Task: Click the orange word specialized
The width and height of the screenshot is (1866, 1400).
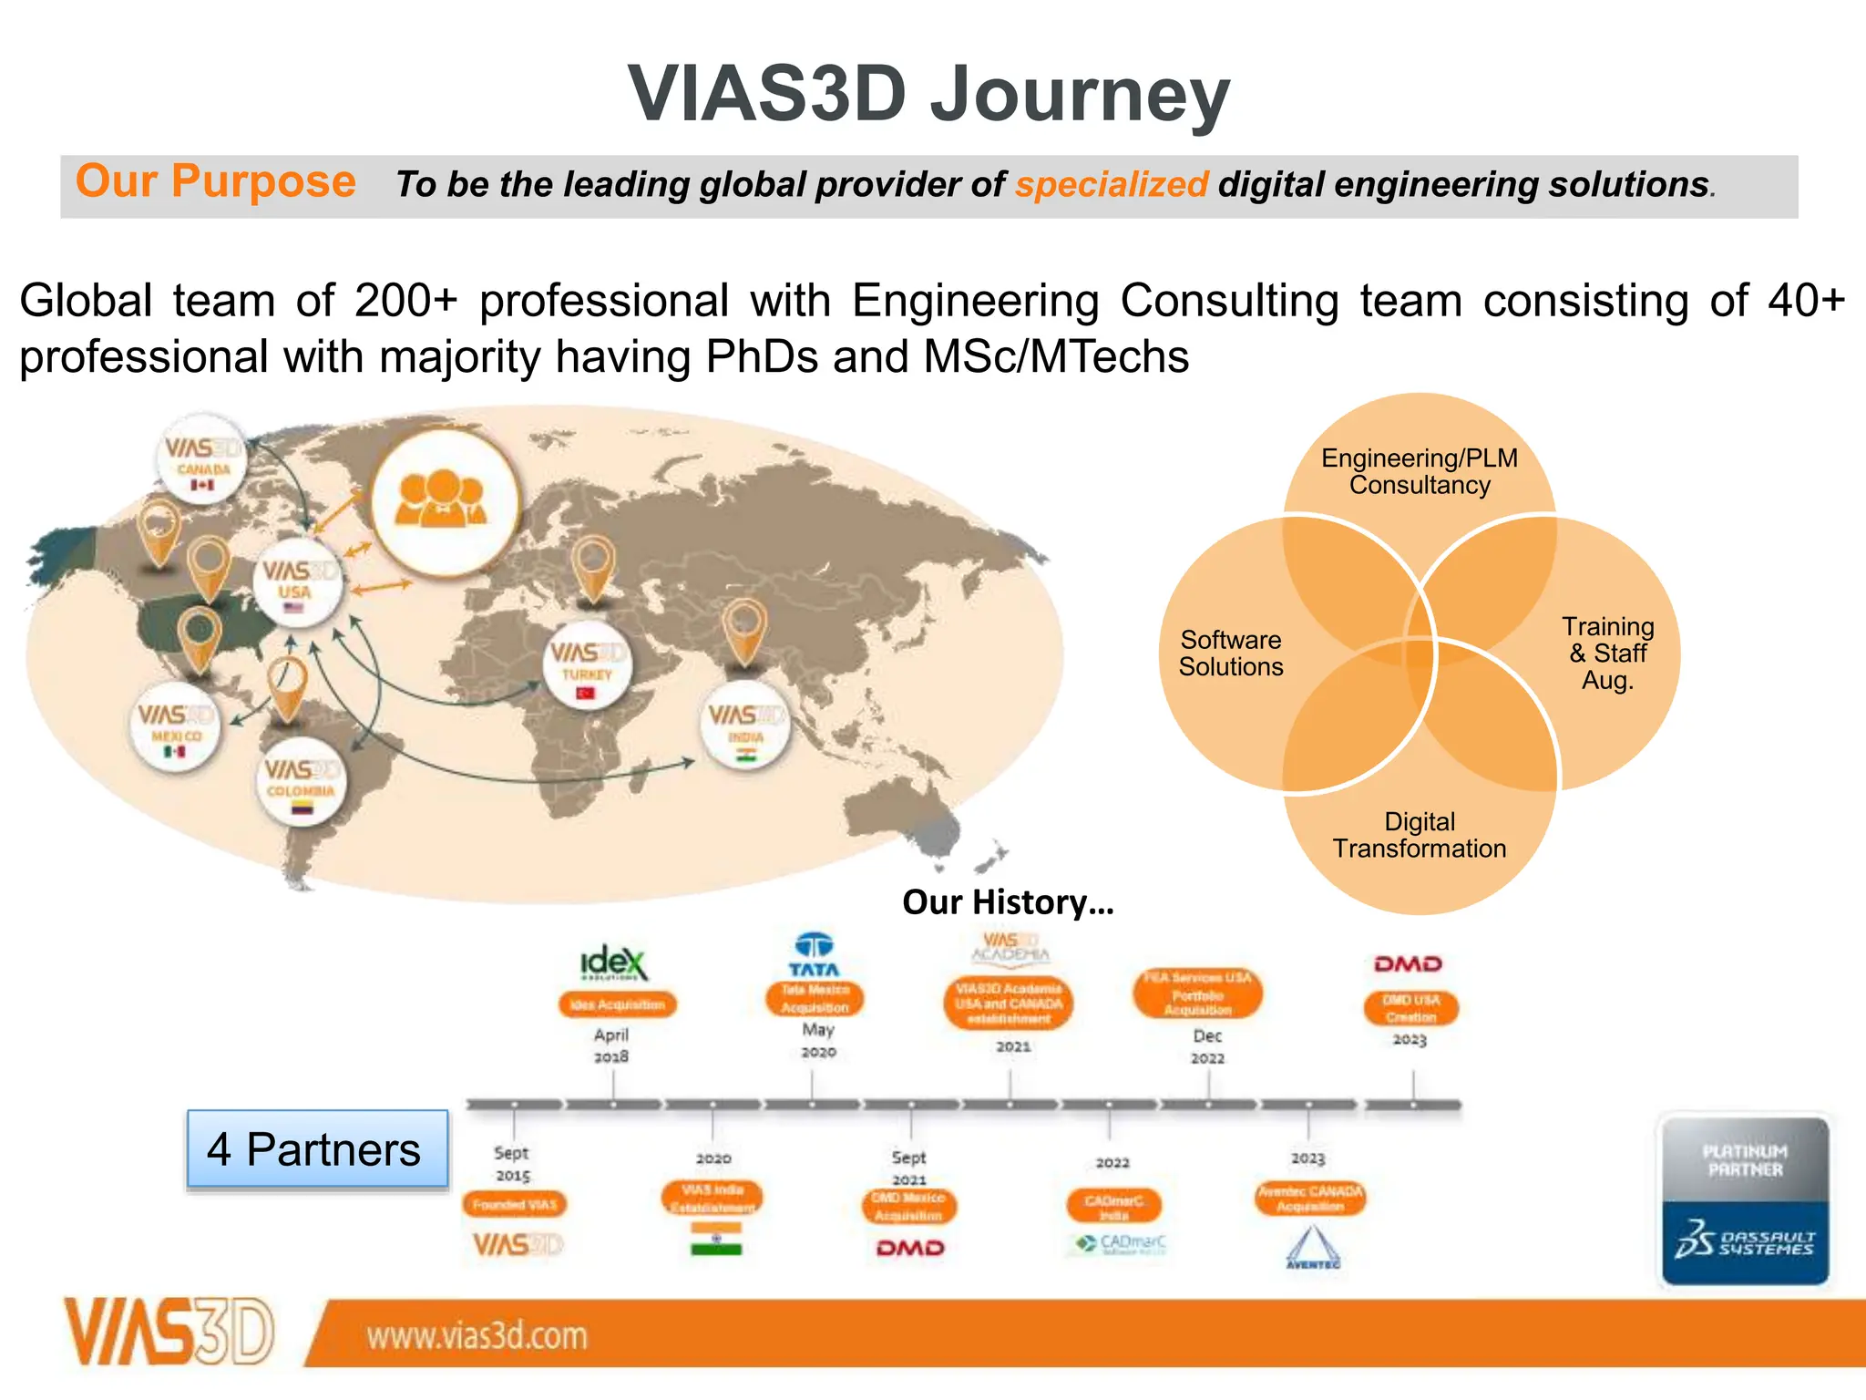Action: coord(1112,185)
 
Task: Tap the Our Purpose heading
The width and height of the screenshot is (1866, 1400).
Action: coord(215,181)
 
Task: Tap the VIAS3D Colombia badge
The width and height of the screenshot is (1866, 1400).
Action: coord(301,780)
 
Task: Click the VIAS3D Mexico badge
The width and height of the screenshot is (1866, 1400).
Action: coord(175,726)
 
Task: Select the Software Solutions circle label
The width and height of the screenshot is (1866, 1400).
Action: coord(1230,654)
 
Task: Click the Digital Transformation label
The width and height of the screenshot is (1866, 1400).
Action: coord(1419,835)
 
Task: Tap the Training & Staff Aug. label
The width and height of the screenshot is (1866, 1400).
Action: coord(1607,654)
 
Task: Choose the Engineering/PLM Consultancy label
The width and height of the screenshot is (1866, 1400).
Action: coord(1419,471)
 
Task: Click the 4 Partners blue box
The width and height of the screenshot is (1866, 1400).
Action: coord(317,1149)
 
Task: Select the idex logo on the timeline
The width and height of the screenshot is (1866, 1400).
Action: coord(614,962)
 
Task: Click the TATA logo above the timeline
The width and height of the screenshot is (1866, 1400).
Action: coord(814,954)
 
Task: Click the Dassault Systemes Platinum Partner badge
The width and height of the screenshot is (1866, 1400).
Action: coord(1744,1199)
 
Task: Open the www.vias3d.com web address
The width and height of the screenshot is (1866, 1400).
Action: coord(477,1336)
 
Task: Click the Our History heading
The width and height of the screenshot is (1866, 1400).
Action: coord(1008,902)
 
